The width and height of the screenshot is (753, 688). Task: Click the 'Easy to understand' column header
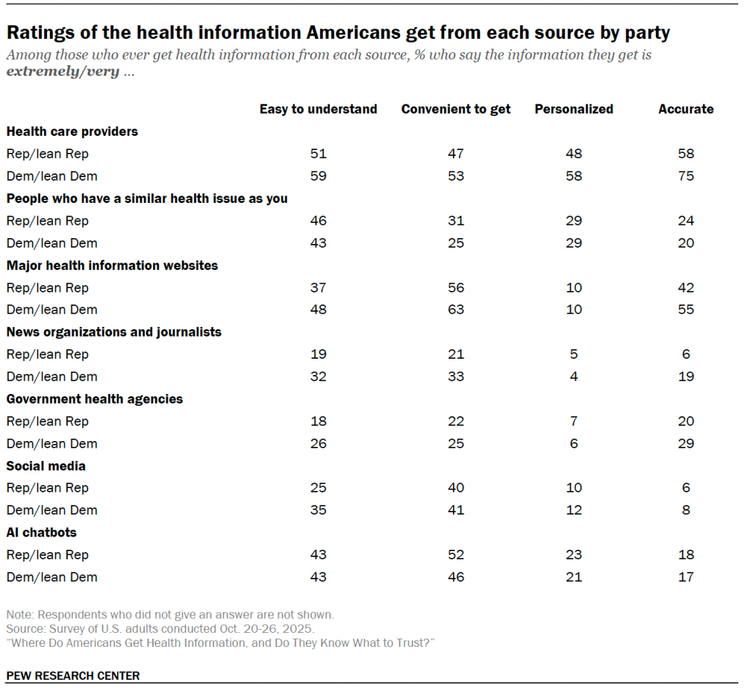tap(318, 109)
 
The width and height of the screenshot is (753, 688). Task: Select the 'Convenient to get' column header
tap(455, 109)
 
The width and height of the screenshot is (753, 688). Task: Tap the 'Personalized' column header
tap(574, 109)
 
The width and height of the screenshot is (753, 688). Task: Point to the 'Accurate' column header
tap(685, 109)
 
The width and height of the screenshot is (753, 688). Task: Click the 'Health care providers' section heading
tap(72, 132)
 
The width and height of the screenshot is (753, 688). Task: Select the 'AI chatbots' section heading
tap(41, 532)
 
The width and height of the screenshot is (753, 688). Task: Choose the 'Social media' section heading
tap(46, 466)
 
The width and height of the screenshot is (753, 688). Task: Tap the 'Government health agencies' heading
tap(94, 399)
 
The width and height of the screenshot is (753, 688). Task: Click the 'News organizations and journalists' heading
tap(113, 332)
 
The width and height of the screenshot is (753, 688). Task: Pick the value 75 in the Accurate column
tap(686, 176)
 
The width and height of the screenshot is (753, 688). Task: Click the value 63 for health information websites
tap(456, 309)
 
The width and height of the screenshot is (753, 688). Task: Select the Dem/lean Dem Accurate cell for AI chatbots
tap(686, 577)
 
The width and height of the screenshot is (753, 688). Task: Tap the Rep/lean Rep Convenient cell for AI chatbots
tap(456, 555)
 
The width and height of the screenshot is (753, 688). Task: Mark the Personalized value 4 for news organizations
tap(574, 376)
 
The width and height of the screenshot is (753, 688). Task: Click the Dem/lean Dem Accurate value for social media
tap(686, 510)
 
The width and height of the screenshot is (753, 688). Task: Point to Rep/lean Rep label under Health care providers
tap(47, 154)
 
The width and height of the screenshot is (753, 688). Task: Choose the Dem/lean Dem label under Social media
tap(51, 510)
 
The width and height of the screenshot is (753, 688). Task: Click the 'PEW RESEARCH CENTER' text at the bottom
tap(73, 676)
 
